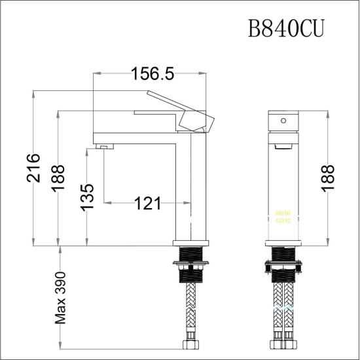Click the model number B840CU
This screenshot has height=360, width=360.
click(285, 29)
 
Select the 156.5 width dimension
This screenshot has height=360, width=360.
click(151, 74)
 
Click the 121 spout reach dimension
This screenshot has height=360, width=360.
click(147, 204)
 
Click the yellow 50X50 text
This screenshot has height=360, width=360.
click(283, 213)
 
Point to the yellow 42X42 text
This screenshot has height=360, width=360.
click(283, 221)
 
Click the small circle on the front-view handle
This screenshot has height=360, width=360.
click(283, 120)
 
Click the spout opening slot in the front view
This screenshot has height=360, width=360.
click(283, 143)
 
